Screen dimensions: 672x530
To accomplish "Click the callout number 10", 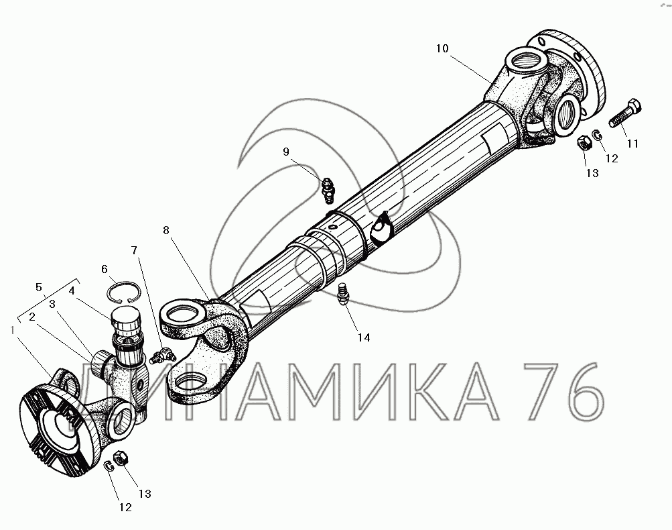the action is [442, 48].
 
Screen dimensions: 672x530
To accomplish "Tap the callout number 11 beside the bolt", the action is [632, 144].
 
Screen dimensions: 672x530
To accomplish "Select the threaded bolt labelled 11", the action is [625, 113].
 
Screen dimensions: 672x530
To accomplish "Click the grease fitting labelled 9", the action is [329, 190].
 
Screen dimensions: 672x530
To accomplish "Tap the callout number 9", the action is [286, 152].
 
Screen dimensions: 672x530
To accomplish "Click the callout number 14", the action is [363, 337].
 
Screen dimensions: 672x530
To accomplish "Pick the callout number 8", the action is [166, 231].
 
